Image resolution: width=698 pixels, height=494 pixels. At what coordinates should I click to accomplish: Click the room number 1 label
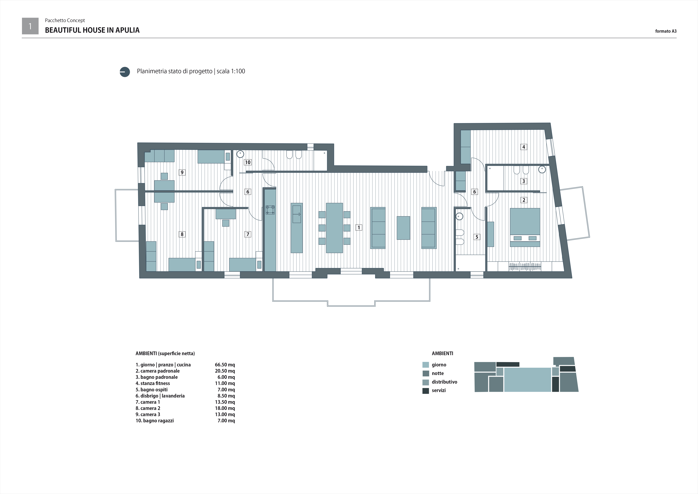click(359, 228)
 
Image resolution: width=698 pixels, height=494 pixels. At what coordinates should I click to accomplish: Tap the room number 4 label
click(524, 147)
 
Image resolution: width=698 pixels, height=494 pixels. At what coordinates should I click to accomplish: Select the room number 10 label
click(248, 162)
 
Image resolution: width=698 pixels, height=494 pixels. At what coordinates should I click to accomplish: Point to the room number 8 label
click(182, 234)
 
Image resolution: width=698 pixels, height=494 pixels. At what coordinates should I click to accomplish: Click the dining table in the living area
click(334, 228)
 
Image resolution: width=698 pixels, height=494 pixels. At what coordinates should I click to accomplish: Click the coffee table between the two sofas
click(403, 228)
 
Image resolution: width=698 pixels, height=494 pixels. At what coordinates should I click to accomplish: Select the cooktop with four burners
click(270, 210)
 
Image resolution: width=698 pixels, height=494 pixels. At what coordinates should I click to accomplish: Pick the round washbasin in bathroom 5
click(459, 217)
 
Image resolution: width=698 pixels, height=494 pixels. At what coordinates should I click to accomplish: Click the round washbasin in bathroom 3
click(542, 169)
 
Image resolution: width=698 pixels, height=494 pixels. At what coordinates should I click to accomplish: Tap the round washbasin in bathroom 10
click(240, 154)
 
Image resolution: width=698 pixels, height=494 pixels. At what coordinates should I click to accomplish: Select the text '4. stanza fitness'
click(153, 383)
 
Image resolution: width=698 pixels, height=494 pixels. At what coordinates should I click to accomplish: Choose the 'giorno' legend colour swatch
click(426, 365)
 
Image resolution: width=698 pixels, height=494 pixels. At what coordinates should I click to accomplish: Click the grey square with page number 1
click(30, 26)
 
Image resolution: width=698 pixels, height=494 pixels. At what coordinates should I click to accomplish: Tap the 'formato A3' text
click(666, 31)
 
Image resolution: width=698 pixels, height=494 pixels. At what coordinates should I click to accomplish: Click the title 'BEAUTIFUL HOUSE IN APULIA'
click(92, 30)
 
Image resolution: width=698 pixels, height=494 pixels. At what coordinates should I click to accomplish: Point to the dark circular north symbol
click(125, 72)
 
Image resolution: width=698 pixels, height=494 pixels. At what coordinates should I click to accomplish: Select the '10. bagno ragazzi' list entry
click(155, 421)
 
